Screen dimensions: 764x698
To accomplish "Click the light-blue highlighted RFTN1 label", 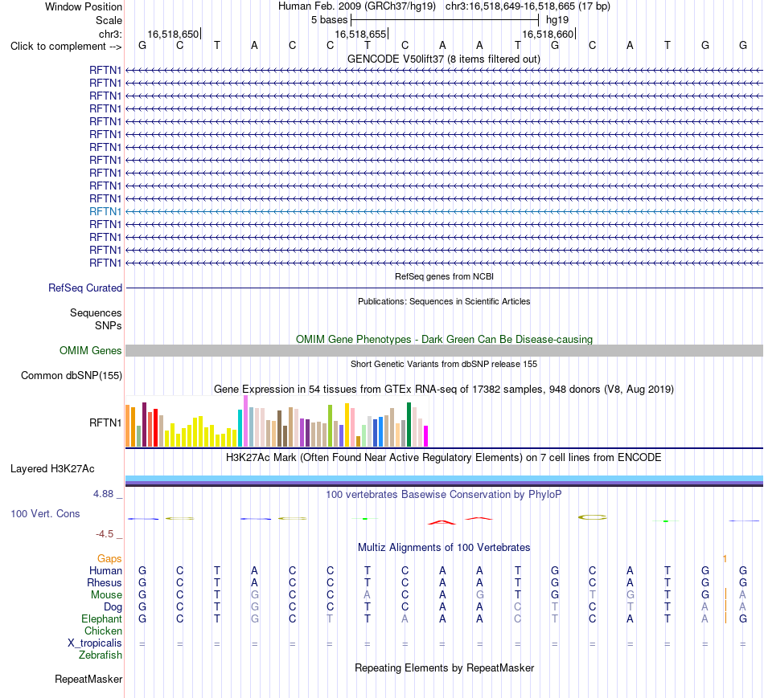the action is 105,211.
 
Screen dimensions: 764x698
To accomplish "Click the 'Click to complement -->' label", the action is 66,47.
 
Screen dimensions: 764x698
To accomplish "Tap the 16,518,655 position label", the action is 360,34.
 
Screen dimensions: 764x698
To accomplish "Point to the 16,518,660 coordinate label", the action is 548,34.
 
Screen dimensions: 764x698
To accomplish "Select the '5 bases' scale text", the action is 330,20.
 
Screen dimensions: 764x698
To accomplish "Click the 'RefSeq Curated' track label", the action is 85,288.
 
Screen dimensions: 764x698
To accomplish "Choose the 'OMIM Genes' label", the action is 91,350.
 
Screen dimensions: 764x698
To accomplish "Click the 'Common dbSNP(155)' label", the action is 72,375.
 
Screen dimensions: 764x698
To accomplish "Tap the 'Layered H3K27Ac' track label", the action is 52,469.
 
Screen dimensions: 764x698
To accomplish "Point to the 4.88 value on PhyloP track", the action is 103,493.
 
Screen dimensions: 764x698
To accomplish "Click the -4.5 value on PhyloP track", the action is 105,534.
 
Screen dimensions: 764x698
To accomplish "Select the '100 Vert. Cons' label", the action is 45,513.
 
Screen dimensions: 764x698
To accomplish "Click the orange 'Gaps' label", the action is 109,558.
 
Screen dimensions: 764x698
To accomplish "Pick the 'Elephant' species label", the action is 101,618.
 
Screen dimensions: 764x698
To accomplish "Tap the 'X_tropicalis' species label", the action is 95,643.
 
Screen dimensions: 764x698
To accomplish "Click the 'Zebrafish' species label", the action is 101,655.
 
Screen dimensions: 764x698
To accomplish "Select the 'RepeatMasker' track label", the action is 88,679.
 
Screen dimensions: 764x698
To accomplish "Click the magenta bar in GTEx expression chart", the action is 426,436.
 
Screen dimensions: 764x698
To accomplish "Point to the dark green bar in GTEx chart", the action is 409,424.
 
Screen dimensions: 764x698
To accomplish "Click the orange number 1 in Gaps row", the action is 725,559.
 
